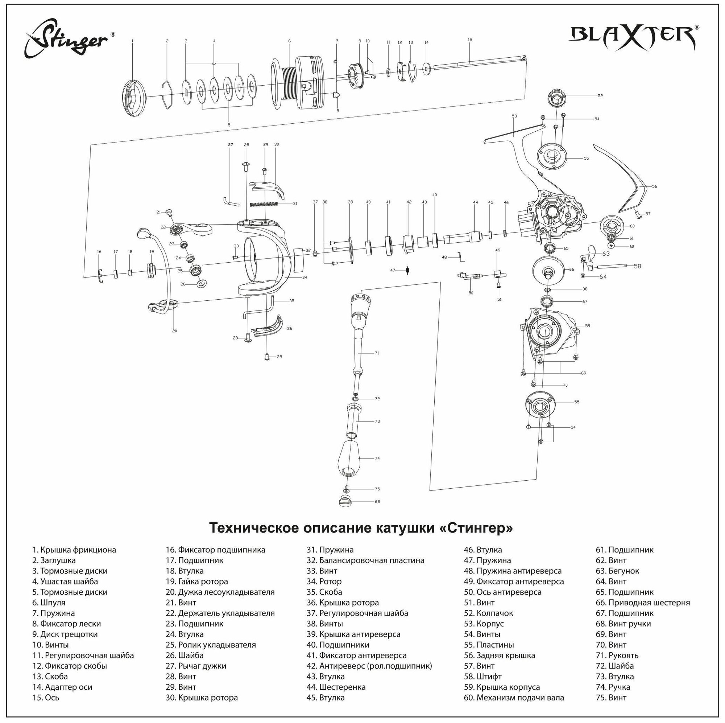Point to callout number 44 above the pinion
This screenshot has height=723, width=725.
tap(476, 202)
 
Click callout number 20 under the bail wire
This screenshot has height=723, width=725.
tap(174, 331)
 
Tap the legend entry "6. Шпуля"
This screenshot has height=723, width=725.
tap(49, 603)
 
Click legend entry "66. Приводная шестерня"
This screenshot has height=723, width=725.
tap(642, 603)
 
